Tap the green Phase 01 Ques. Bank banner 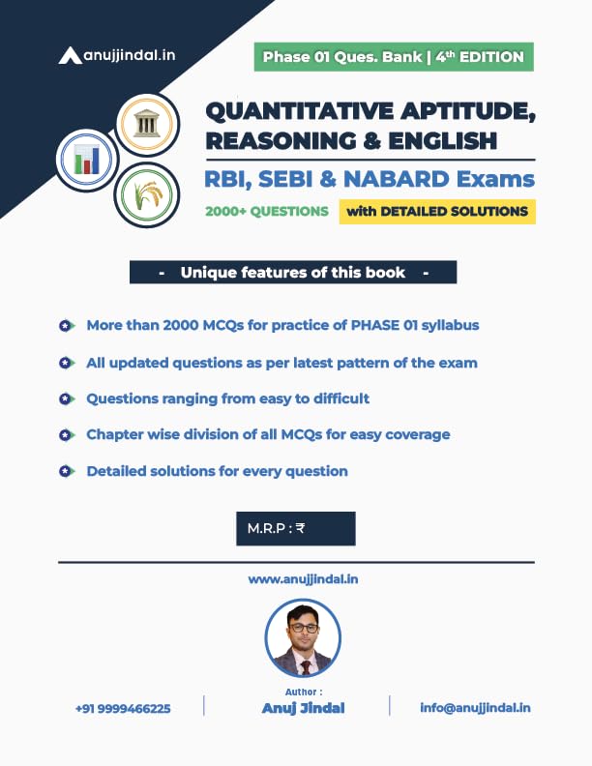(395, 57)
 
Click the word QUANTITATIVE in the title (309, 111)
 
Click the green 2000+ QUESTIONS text (266, 211)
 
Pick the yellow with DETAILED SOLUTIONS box (436, 211)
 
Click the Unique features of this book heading (292, 272)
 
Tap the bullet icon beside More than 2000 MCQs (66, 326)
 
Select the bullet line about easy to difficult (227, 398)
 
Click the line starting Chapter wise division (268, 435)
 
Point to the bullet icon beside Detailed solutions (66, 472)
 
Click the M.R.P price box (295, 528)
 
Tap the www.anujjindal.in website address (296, 579)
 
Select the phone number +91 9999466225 (123, 709)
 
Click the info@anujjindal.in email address (475, 708)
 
